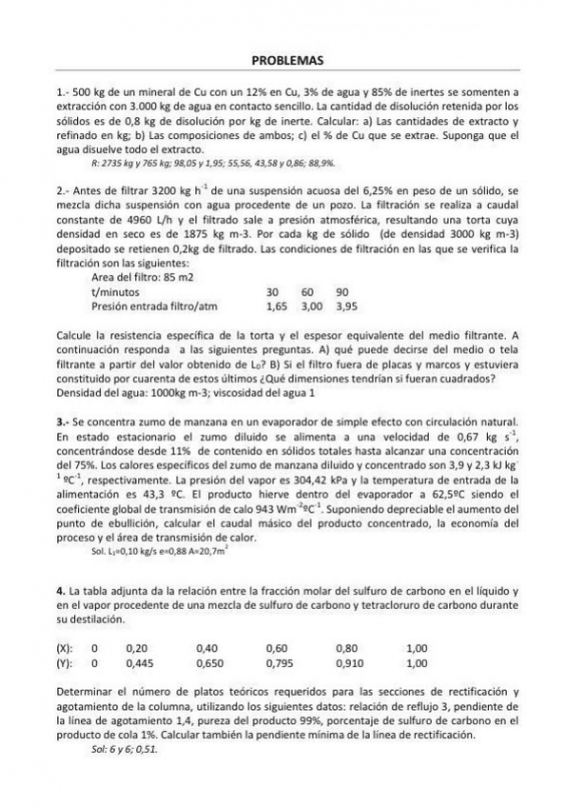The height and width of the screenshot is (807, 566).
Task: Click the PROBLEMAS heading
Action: [x=287, y=61]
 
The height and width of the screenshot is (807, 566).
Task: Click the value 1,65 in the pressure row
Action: [x=276, y=307]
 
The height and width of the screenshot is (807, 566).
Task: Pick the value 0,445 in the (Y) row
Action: [x=140, y=663]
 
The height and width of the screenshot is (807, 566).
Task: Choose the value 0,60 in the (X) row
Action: [x=277, y=648]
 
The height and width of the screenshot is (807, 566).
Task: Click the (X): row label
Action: [x=66, y=648]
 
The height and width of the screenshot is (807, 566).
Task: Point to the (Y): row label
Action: [x=66, y=663]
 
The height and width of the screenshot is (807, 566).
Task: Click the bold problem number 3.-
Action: [x=64, y=421]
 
